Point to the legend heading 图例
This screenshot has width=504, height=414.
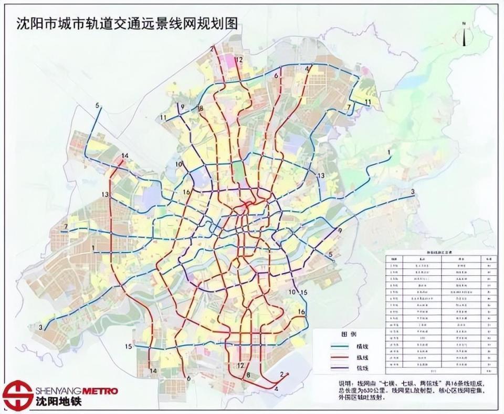click(x=349, y=335)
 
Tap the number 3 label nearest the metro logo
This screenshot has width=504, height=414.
click(x=40, y=327)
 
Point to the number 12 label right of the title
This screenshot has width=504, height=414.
click(x=239, y=60)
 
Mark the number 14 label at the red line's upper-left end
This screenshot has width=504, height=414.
click(x=124, y=156)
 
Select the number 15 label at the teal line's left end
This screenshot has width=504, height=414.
click(x=129, y=346)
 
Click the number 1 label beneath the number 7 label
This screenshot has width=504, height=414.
click(x=93, y=247)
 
